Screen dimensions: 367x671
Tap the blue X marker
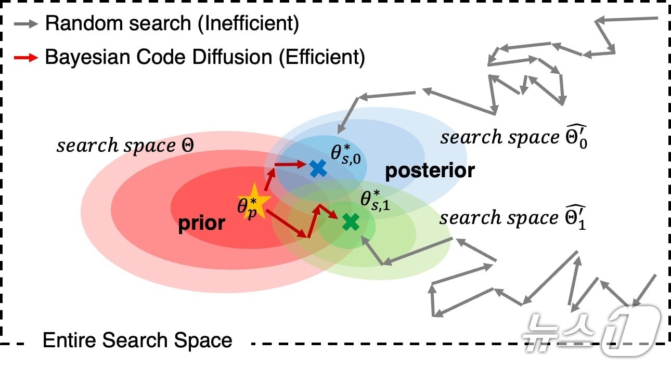coord(317,168)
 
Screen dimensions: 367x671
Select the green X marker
coord(351,222)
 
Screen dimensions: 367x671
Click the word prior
coord(202,223)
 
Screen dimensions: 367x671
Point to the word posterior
coord(430,171)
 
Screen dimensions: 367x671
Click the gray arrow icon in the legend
coord(25,23)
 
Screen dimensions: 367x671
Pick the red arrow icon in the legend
coord(25,57)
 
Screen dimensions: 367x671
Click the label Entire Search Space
coord(137,340)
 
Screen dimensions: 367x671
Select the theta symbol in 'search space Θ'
coord(187,146)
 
